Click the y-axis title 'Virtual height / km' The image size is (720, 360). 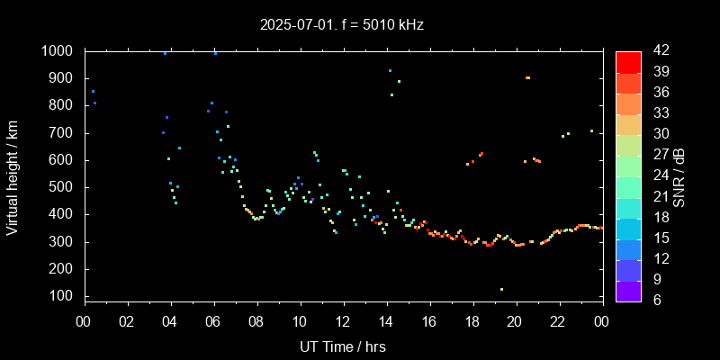[13, 176]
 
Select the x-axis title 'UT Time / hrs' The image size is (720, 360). [343, 346]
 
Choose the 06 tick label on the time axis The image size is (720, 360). [213, 320]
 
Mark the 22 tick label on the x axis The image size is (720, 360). [559, 320]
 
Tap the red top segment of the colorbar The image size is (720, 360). [628, 61]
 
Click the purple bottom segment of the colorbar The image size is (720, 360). [628, 290]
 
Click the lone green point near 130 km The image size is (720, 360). [501, 289]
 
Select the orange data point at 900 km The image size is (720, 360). [527, 78]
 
